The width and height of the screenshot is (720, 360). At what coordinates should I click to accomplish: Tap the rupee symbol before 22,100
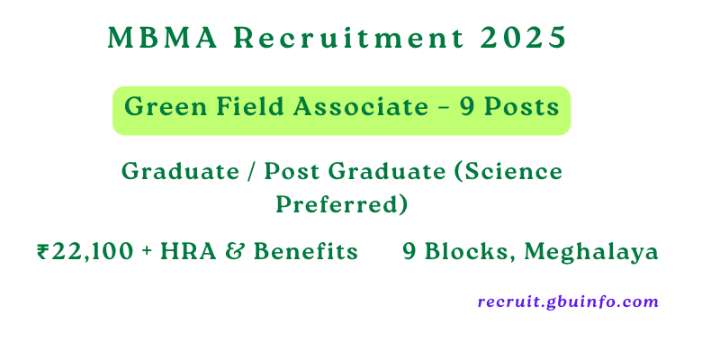[x=43, y=253]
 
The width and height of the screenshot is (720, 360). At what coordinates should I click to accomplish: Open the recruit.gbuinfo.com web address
[x=568, y=302]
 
